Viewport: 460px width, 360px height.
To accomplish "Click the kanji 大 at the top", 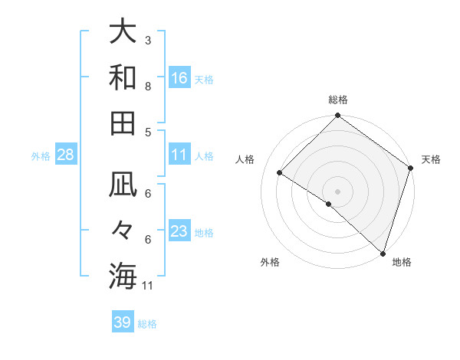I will [123, 34].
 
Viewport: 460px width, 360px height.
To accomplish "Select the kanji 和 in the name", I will [123, 78].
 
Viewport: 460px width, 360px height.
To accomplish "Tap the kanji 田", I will [123, 123].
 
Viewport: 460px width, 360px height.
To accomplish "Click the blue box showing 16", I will [179, 77].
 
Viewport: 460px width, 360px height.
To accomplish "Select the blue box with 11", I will [179, 155].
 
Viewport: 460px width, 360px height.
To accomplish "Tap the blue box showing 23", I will [179, 231].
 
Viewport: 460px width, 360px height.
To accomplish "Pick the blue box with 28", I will [66, 155].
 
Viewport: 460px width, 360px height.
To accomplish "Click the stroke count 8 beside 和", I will [148, 86].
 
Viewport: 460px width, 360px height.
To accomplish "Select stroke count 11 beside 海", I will [149, 286].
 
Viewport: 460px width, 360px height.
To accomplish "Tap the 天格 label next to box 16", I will [204, 79].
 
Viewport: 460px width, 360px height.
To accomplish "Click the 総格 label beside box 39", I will [147, 324].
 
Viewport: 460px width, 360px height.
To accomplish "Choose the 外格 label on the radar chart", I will [270, 263].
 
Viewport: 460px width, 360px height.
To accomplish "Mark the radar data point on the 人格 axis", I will [280, 173].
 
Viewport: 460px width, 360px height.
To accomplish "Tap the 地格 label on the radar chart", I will [402, 263].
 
